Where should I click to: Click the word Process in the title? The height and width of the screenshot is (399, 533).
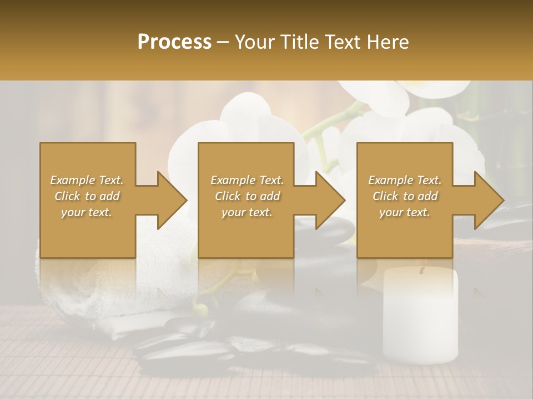(174, 42)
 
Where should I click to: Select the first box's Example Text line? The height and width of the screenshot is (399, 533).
(87, 180)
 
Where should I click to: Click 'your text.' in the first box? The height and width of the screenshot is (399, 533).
(87, 212)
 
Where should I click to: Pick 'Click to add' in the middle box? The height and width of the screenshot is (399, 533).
(247, 196)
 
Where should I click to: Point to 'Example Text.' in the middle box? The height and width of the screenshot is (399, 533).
(247, 180)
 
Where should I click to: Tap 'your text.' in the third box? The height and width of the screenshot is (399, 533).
(405, 212)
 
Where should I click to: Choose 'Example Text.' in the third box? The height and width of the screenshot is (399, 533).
(405, 180)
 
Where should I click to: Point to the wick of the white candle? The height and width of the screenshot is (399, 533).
(422, 271)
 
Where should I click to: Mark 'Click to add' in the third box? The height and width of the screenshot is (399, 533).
(405, 196)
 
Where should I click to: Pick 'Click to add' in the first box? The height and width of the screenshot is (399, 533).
(87, 196)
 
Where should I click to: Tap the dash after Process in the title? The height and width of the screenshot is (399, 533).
(223, 42)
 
